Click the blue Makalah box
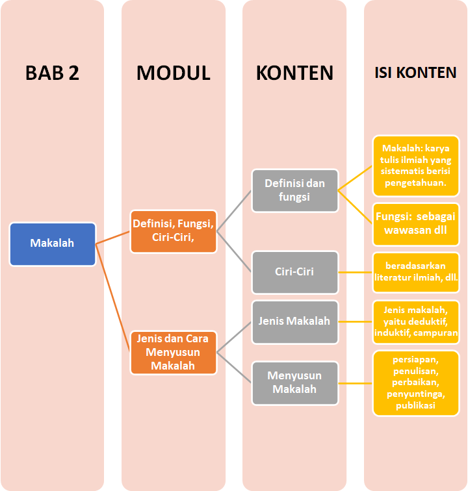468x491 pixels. [53, 244]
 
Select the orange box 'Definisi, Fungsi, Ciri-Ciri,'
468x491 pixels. [174, 231]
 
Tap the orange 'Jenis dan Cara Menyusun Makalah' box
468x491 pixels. [174, 352]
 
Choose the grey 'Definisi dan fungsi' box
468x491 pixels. [295, 190]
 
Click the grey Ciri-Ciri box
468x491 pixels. [295, 271]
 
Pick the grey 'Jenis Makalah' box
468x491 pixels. [295, 321]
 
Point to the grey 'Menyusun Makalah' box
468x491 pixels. [295, 382]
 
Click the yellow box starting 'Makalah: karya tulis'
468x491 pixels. [416, 166]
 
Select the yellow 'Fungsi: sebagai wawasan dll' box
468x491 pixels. [416, 223]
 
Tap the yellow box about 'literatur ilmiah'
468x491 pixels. [416, 271]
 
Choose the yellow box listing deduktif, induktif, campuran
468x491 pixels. [416, 321]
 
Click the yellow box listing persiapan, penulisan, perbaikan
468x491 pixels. [416, 383]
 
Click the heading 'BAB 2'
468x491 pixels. [53, 73]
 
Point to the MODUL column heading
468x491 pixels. [174, 73]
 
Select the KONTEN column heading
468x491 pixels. [295, 73]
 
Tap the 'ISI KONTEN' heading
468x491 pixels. [416, 73]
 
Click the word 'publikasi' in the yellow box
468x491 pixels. [416, 406]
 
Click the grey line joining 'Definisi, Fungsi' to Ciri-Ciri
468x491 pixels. [234, 251]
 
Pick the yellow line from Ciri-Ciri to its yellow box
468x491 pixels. [356, 271]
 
